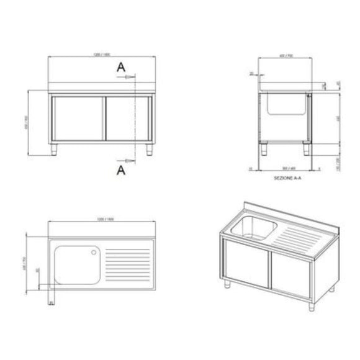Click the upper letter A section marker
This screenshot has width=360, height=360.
click(x=121, y=68)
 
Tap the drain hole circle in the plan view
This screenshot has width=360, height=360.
click(x=94, y=252)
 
